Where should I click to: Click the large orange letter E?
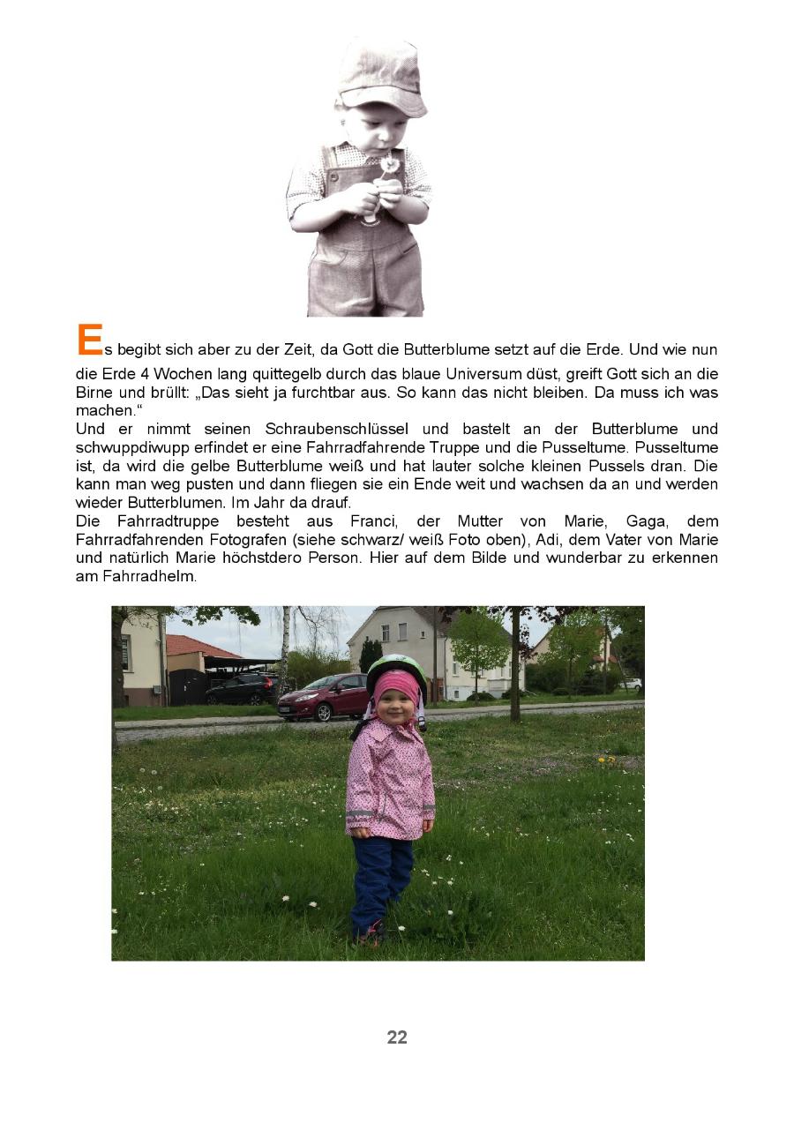89,341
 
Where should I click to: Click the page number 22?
397,1037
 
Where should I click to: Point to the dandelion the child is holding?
388,164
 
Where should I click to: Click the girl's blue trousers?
382,882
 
